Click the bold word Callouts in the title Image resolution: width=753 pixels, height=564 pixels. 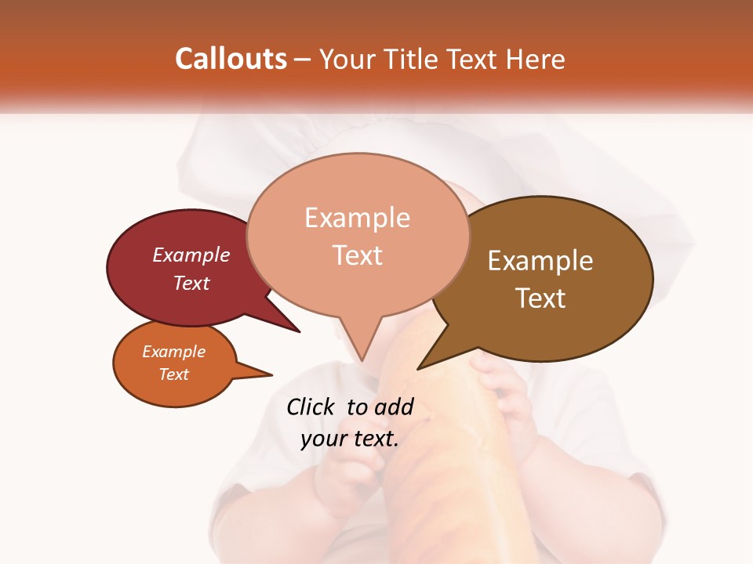point(231,59)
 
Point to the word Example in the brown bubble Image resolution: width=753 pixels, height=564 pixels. point(540,261)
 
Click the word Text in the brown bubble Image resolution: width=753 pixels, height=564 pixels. point(540,298)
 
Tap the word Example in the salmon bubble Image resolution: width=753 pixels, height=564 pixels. point(357,218)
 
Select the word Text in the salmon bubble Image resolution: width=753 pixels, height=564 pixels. point(357,255)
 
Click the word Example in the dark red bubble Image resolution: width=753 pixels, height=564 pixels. point(191,255)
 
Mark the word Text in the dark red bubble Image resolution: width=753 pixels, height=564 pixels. point(191,284)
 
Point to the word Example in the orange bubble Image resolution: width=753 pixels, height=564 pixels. point(173,352)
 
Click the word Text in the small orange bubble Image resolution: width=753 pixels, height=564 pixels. point(173,374)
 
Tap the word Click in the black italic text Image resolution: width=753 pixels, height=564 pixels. point(311,407)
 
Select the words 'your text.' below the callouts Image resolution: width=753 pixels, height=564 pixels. point(350,438)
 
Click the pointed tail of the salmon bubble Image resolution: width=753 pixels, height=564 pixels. point(362,352)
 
